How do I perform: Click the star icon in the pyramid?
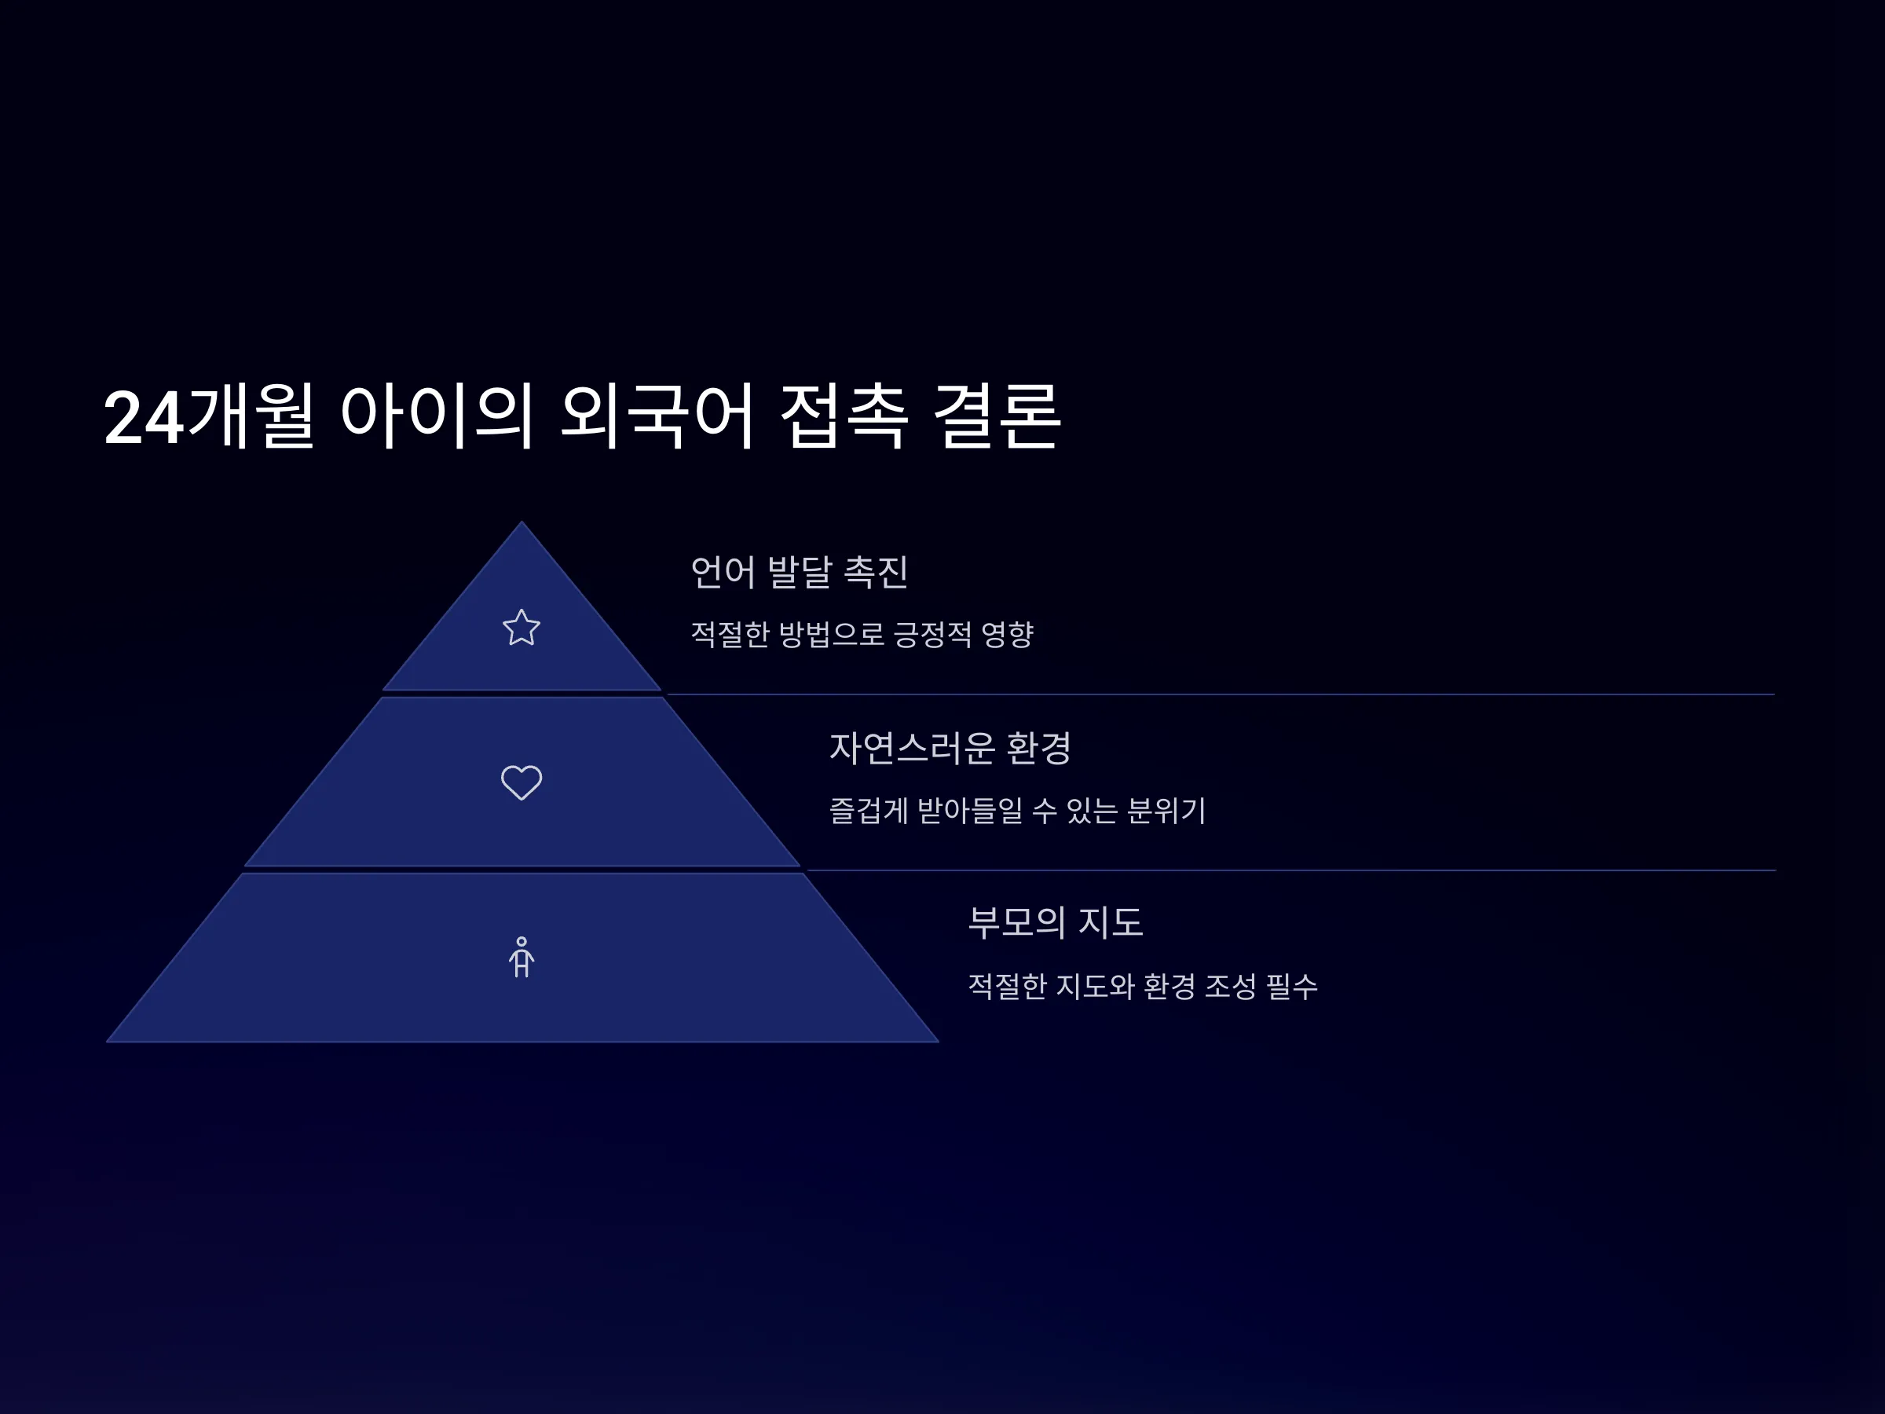(522, 628)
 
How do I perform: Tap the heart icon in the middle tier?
(522, 782)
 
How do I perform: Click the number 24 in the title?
(143, 418)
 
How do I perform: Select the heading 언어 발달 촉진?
(800, 571)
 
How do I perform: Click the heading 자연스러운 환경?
(950, 748)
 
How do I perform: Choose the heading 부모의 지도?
(1055, 922)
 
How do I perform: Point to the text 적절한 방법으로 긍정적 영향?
(862, 634)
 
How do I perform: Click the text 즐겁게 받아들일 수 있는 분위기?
(1017, 810)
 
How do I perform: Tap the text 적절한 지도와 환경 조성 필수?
(1143, 986)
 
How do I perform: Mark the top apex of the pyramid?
(522, 522)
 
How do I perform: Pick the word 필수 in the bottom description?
(1292, 986)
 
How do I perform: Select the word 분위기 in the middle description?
(1166, 810)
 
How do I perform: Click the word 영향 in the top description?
(1007, 634)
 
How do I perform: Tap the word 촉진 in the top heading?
(876, 571)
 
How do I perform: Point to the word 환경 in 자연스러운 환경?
(1039, 748)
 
